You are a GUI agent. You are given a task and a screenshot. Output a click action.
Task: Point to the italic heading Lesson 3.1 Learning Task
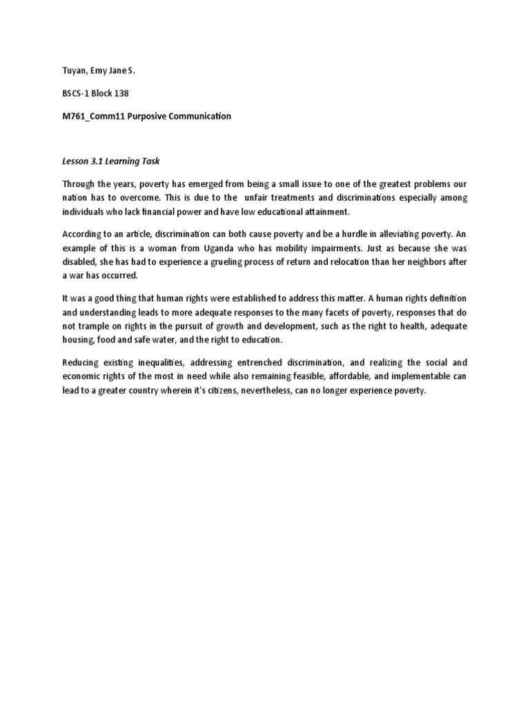[111, 162]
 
